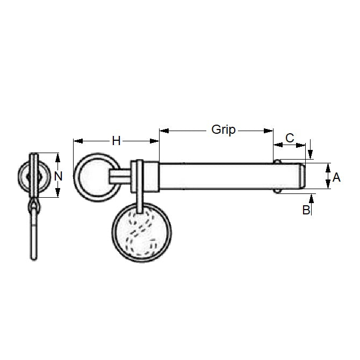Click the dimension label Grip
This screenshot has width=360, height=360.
[x=224, y=129]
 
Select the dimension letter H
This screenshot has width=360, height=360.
[x=116, y=141]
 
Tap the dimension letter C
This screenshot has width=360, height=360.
[x=290, y=138]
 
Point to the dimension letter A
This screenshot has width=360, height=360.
[x=337, y=177]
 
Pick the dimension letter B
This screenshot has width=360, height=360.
[x=306, y=210]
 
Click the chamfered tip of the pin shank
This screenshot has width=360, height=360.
[x=302, y=176]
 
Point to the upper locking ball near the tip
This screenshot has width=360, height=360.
[x=277, y=161]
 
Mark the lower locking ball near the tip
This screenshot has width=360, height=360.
[x=277, y=190]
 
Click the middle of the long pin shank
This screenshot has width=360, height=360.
[x=215, y=176]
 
